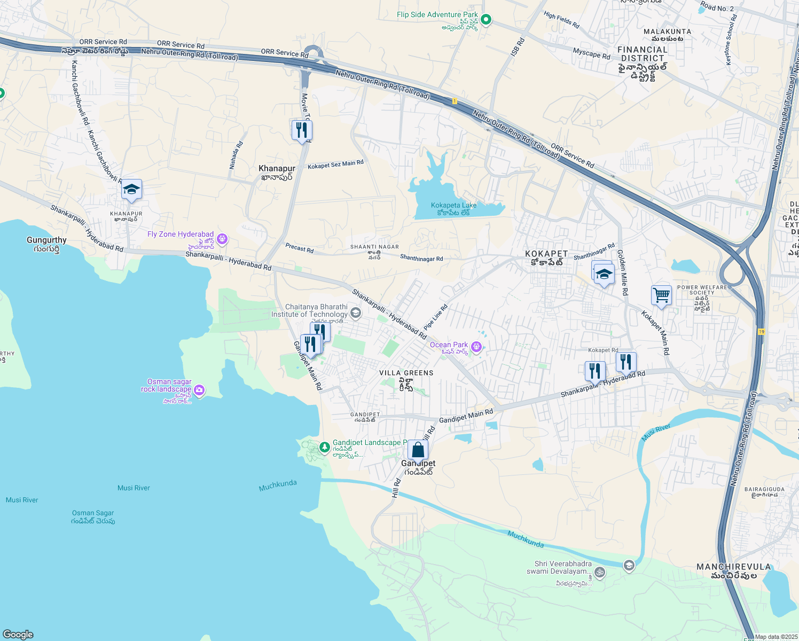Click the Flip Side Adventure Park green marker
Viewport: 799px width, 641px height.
point(485,20)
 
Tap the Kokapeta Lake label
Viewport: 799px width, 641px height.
point(453,206)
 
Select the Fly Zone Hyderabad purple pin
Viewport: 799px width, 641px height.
point(222,239)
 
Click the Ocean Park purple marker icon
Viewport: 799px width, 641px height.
point(476,348)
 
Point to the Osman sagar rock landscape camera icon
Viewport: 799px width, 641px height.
point(199,391)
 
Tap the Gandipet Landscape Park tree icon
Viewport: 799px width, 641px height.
point(324,447)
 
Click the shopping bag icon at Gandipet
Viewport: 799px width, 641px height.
point(418,450)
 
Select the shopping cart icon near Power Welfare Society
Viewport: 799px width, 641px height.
point(661,295)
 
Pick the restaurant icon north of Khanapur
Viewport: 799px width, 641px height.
point(302,130)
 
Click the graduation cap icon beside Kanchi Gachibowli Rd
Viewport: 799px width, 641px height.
point(131,189)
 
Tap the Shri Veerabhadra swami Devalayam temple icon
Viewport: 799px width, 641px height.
point(600,573)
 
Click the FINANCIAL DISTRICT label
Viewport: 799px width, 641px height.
point(643,54)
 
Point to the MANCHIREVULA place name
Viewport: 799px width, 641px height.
point(733,567)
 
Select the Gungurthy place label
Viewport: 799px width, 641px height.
point(46,240)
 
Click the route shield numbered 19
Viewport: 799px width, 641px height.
point(761,332)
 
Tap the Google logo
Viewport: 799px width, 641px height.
point(18,634)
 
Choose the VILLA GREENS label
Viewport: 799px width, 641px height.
point(406,373)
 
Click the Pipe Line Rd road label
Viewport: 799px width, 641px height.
point(435,317)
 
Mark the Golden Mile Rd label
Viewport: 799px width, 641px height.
point(622,272)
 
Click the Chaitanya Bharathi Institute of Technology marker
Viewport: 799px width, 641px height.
point(356,312)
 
